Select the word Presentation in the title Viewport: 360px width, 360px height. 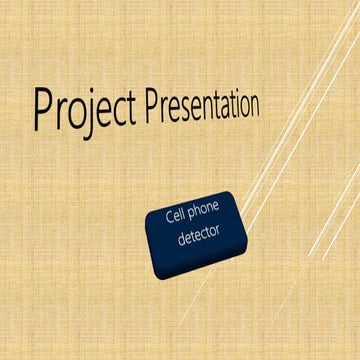[x=202, y=104]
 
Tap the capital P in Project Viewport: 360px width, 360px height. [x=43, y=109]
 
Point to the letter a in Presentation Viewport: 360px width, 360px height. [x=216, y=106]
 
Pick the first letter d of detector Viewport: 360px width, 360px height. [x=180, y=242]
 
